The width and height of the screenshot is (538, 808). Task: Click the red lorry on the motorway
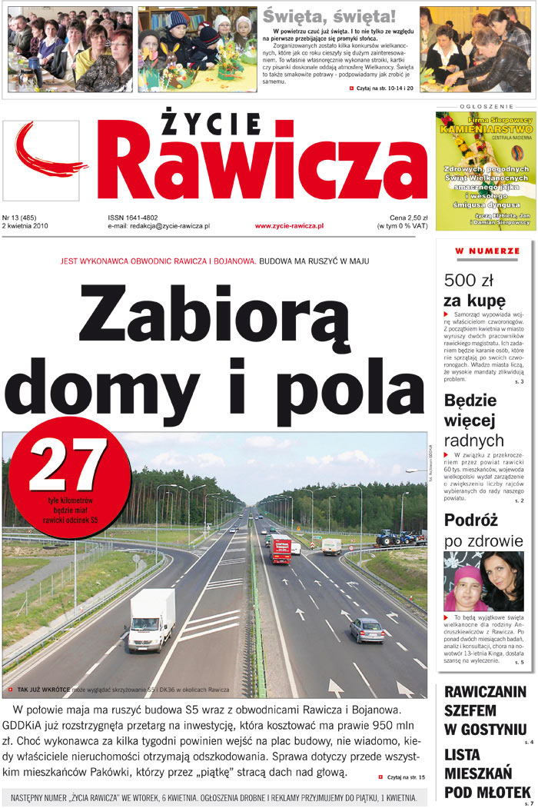tap(280, 549)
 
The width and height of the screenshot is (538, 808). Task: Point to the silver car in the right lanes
tap(366, 630)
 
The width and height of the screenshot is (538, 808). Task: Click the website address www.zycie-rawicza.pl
tap(288, 227)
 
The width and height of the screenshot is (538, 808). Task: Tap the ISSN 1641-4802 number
tap(132, 218)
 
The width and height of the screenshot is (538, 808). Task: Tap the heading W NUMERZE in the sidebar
tap(487, 251)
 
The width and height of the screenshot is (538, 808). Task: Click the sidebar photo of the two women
tap(483, 580)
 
